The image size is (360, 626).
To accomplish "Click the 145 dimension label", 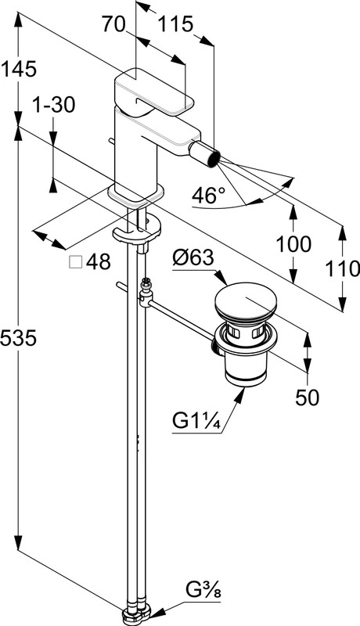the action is (19, 69).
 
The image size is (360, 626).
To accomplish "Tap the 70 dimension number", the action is (113, 24).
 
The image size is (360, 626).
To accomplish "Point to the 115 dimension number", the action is (176, 24).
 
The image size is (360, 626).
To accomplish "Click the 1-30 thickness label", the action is (53, 106).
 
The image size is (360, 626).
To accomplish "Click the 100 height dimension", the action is (293, 244).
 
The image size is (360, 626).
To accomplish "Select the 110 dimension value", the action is (343, 268).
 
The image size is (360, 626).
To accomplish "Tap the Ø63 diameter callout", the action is (193, 258).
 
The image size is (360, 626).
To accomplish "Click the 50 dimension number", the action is (308, 397).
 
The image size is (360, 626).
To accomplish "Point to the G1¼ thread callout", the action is (196, 421).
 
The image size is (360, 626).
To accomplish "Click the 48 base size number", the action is (98, 262).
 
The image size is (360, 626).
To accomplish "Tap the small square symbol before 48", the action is (75, 262).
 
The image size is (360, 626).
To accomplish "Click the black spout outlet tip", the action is (214, 159).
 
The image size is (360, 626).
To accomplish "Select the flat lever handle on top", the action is (153, 92).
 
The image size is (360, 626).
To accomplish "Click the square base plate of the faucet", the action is (135, 196).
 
